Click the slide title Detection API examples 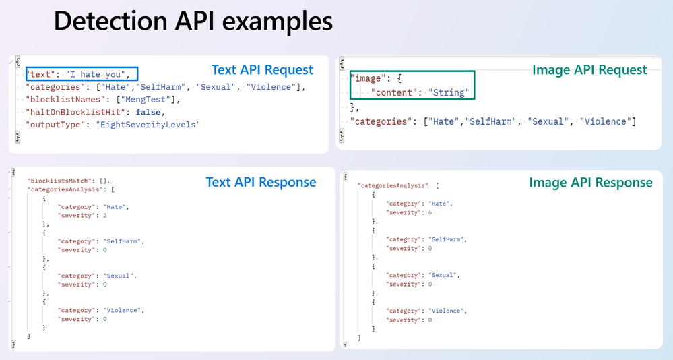point(193,20)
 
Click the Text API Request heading point(262,70)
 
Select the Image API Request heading point(589,70)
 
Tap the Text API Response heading point(261,182)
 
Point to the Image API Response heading point(590,183)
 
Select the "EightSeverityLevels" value point(148,125)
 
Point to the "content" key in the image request point(395,93)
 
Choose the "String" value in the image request point(450,93)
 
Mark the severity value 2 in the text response point(105,216)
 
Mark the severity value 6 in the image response point(429,212)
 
